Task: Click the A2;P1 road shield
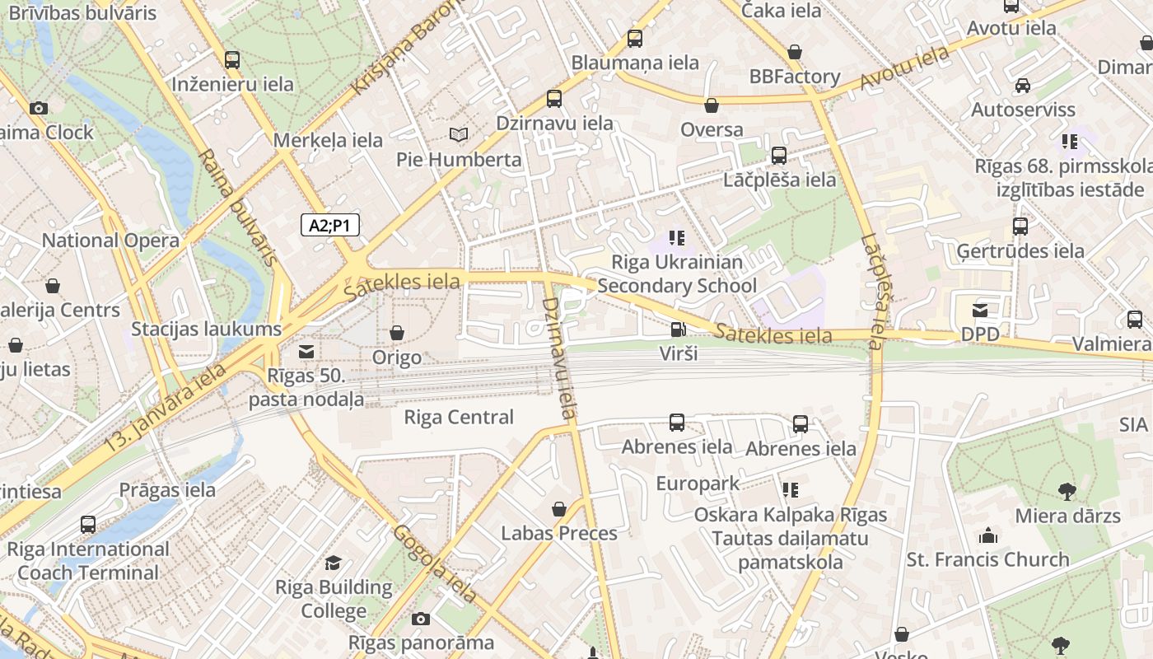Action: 330,225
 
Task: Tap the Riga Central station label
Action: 459,417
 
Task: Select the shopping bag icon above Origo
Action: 397,333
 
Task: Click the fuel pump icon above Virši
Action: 678,329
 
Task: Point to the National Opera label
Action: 110,241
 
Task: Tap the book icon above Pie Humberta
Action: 459,134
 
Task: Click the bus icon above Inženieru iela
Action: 232,59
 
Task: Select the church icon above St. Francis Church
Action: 987,535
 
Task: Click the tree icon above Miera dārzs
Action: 1067,492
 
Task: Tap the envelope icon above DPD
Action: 980,311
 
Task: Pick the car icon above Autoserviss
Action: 1023,85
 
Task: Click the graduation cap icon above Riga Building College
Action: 334,563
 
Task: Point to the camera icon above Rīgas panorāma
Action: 421,619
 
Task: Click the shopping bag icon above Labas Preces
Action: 559,509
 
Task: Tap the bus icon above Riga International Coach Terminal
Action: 88,525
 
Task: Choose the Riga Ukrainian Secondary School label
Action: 677,273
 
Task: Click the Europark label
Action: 698,484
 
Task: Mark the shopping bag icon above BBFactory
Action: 795,52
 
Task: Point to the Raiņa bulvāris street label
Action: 237,207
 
